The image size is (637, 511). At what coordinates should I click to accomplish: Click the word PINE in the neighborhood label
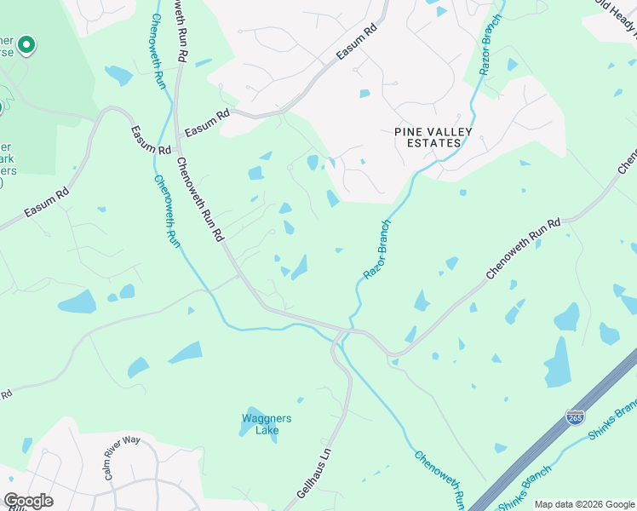tap(409, 131)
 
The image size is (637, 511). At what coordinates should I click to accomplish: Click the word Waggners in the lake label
tap(267, 418)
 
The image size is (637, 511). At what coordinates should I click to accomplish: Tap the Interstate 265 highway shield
tap(575, 417)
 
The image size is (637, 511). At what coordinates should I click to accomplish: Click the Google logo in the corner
tap(28, 500)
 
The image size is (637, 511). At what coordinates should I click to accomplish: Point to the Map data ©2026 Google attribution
tap(583, 504)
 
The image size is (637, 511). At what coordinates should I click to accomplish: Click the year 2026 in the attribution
tap(585, 504)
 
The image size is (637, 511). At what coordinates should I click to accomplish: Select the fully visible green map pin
tap(26, 44)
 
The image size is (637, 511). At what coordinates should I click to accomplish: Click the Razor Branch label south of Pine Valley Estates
tap(376, 250)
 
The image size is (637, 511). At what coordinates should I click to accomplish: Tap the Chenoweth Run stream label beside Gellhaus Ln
tap(440, 478)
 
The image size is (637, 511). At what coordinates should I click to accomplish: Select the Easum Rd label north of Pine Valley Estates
tap(356, 43)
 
